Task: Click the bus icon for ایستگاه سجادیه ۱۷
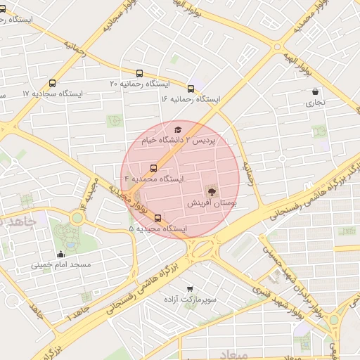[x=53, y=83]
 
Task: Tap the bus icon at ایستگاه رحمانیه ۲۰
[x=139, y=72]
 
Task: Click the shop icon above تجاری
[x=315, y=91]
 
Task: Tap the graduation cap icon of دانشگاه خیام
[x=178, y=129]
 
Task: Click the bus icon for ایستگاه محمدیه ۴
[x=154, y=168]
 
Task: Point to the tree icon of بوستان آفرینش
[x=211, y=191]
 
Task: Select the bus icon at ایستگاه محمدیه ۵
[x=158, y=218]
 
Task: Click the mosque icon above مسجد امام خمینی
[x=60, y=254]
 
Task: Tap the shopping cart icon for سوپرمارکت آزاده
[x=189, y=288]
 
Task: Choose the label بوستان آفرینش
[x=212, y=202]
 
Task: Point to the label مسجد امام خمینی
[x=60, y=266]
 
